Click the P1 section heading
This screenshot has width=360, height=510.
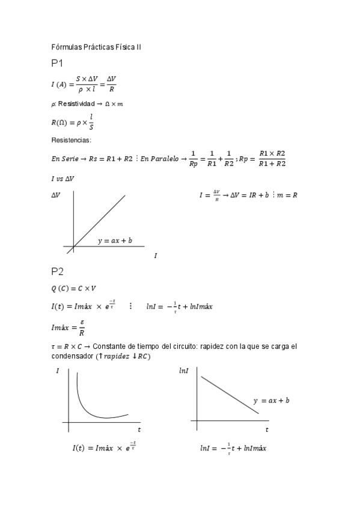(58, 63)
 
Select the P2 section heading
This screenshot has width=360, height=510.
(58, 271)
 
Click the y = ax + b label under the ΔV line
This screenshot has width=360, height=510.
(115, 241)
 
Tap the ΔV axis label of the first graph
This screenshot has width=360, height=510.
(56, 195)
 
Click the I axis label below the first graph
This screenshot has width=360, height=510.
(156, 256)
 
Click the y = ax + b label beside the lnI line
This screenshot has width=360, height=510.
(272, 400)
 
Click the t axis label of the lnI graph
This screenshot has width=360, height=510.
(267, 429)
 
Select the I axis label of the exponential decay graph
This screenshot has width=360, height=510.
(57, 372)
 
